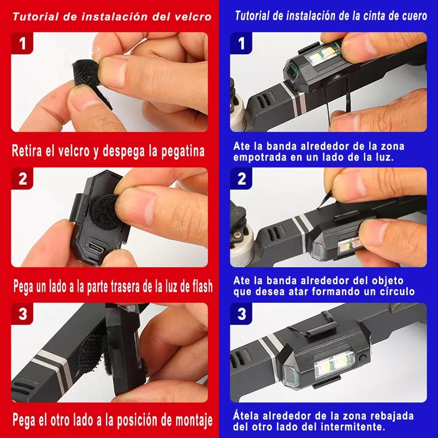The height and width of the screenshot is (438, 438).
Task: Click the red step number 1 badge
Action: coord(22,43)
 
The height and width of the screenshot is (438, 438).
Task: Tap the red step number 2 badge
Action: coord(22,179)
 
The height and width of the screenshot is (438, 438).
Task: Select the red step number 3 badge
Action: coord(22,314)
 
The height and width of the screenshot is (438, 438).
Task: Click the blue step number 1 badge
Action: coord(241,43)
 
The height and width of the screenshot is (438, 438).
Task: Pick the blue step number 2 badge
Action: coord(241,179)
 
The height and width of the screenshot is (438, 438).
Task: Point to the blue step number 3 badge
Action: coord(241,314)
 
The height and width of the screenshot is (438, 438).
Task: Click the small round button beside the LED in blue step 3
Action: coord(363,358)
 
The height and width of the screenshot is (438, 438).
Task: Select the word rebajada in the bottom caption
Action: coord(390,416)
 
